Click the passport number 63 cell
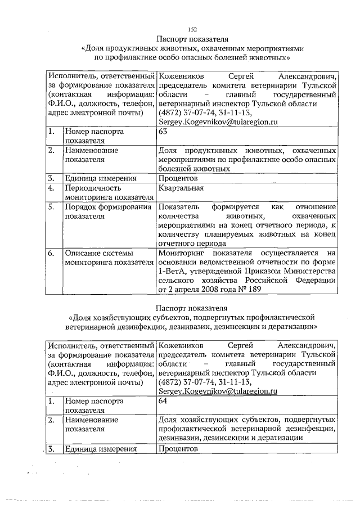click(x=164, y=131)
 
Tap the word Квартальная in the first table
click(x=181, y=188)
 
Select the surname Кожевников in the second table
click(x=183, y=345)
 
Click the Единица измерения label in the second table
click(x=101, y=449)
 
